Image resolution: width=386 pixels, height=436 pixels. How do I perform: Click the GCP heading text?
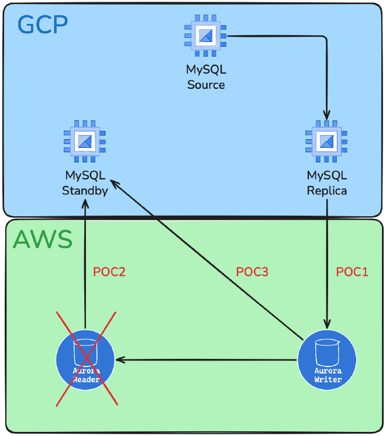click(x=43, y=25)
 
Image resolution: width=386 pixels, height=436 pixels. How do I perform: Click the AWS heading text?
click(x=43, y=240)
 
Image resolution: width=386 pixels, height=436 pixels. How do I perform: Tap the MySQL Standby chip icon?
click(x=85, y=141)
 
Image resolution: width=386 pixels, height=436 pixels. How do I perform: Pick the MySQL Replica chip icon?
click(x=326, y=141)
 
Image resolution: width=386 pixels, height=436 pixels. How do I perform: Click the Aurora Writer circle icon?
click(x=326, y=361)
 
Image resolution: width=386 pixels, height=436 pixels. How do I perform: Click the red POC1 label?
click(x=352, y=272)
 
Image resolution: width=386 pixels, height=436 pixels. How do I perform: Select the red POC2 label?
click(x=109, y=272)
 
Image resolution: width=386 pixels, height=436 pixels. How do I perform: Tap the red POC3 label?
click(x=252, y=272)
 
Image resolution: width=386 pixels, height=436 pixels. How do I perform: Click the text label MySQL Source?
click(x=206, y=77)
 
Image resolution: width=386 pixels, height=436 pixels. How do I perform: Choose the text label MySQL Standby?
click(x=85, y=182)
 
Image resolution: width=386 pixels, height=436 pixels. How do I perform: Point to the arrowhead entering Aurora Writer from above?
click(x=327, y=325)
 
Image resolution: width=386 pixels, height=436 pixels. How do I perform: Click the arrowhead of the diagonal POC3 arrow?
click(x=113, y=184)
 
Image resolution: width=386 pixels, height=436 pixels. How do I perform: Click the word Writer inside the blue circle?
click(x=327, y=379)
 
